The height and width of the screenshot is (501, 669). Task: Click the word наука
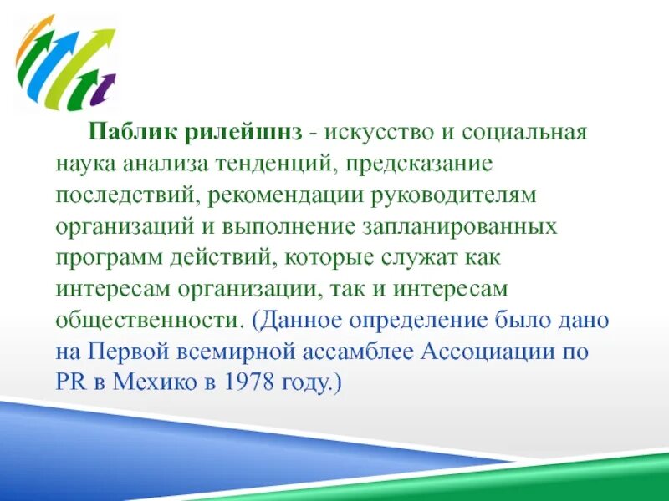point(86,163)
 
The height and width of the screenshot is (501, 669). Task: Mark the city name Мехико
point(159,382)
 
